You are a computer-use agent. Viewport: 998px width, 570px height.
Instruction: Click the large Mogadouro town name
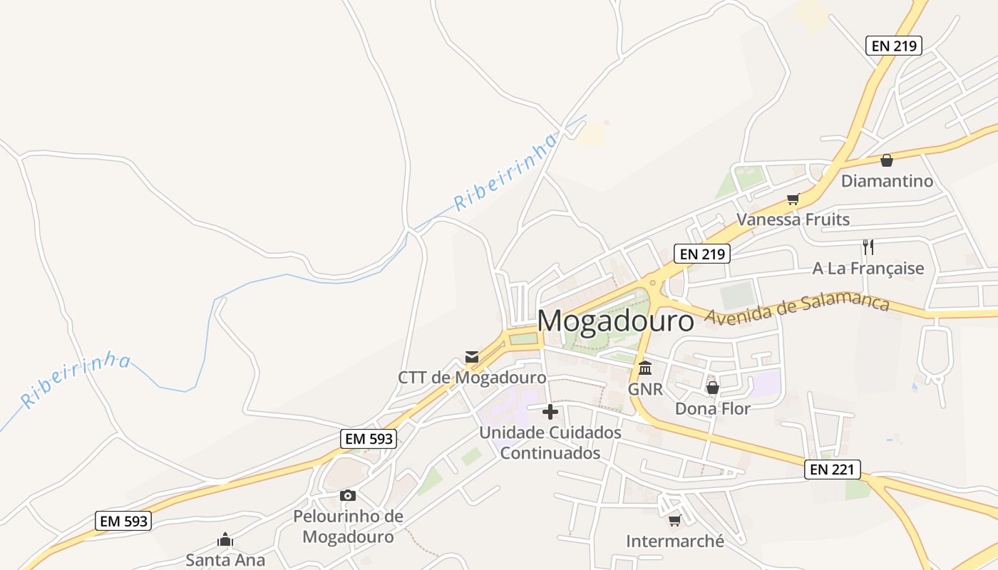pyautogui.click(x=615, y=321)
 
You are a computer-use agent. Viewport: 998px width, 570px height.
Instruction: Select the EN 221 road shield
pyautogui.click(x=833, y=470)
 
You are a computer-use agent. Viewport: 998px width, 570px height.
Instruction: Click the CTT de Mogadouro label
pyautogui.click(x=472, y=377)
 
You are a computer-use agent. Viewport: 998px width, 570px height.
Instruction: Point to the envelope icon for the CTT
pyautogui.click(x=472, y=356)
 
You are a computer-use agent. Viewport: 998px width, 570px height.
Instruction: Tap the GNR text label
pyautogui.click(x=645, y=389)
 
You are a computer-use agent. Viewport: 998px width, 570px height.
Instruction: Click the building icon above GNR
pyautogui.click(x=645, y=368)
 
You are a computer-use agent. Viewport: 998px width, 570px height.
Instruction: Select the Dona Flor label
pyautogui.click(x=712, y=408)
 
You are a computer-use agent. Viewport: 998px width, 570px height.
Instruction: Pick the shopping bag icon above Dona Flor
pyautogui.click(x=712, y=388)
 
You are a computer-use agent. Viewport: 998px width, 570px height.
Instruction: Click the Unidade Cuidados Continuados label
pyautogui.click(x=550, y=442)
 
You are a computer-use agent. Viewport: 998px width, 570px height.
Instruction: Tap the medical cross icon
pyautogui.click(x=550, y=412)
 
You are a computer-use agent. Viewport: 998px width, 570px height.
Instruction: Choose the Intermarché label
pyautogui.click(x=674, y=541)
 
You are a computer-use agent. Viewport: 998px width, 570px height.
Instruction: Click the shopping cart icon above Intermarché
pyautogui.click(x=674, y=520)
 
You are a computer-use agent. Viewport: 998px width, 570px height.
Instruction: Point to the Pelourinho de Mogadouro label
pyautogui.click(x=348, y=527)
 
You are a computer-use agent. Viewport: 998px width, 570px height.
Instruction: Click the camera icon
pyautogui.click(x=348, y=495)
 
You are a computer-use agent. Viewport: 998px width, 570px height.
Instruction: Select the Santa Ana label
pyautogui.click(x=225, y=559)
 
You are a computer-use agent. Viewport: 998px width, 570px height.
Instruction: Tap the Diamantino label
pyautogui.click(x=887, y=180)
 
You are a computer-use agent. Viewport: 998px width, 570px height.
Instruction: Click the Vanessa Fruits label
pyautogui.click(x=793, y=219)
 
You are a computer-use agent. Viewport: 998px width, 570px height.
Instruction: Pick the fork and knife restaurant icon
pyautogui.click(x=868, y=247)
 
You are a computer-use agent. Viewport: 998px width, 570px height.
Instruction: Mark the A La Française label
pyautogui.click(x=868, y=269)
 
